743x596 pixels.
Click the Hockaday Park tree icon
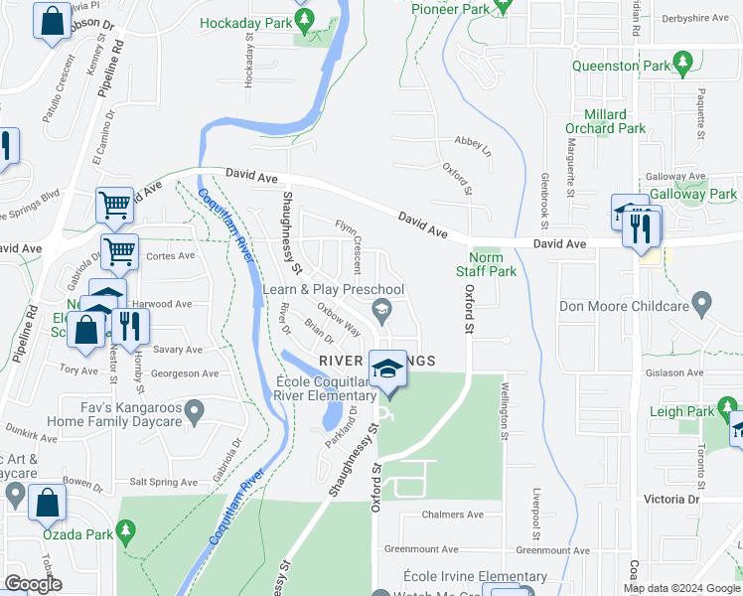[306, 19]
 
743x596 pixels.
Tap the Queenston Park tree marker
[682, 66]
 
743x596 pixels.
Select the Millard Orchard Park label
[605, 121]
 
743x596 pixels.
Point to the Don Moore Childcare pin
[702, 301]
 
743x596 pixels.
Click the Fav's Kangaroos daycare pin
[195, 408]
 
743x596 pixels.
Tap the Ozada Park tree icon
[125, 534]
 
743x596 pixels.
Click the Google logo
[33, 584]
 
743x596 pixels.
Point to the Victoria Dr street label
[671, 499]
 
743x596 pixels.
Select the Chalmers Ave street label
[452, 515]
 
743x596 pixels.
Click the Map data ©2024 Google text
[681, 588]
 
